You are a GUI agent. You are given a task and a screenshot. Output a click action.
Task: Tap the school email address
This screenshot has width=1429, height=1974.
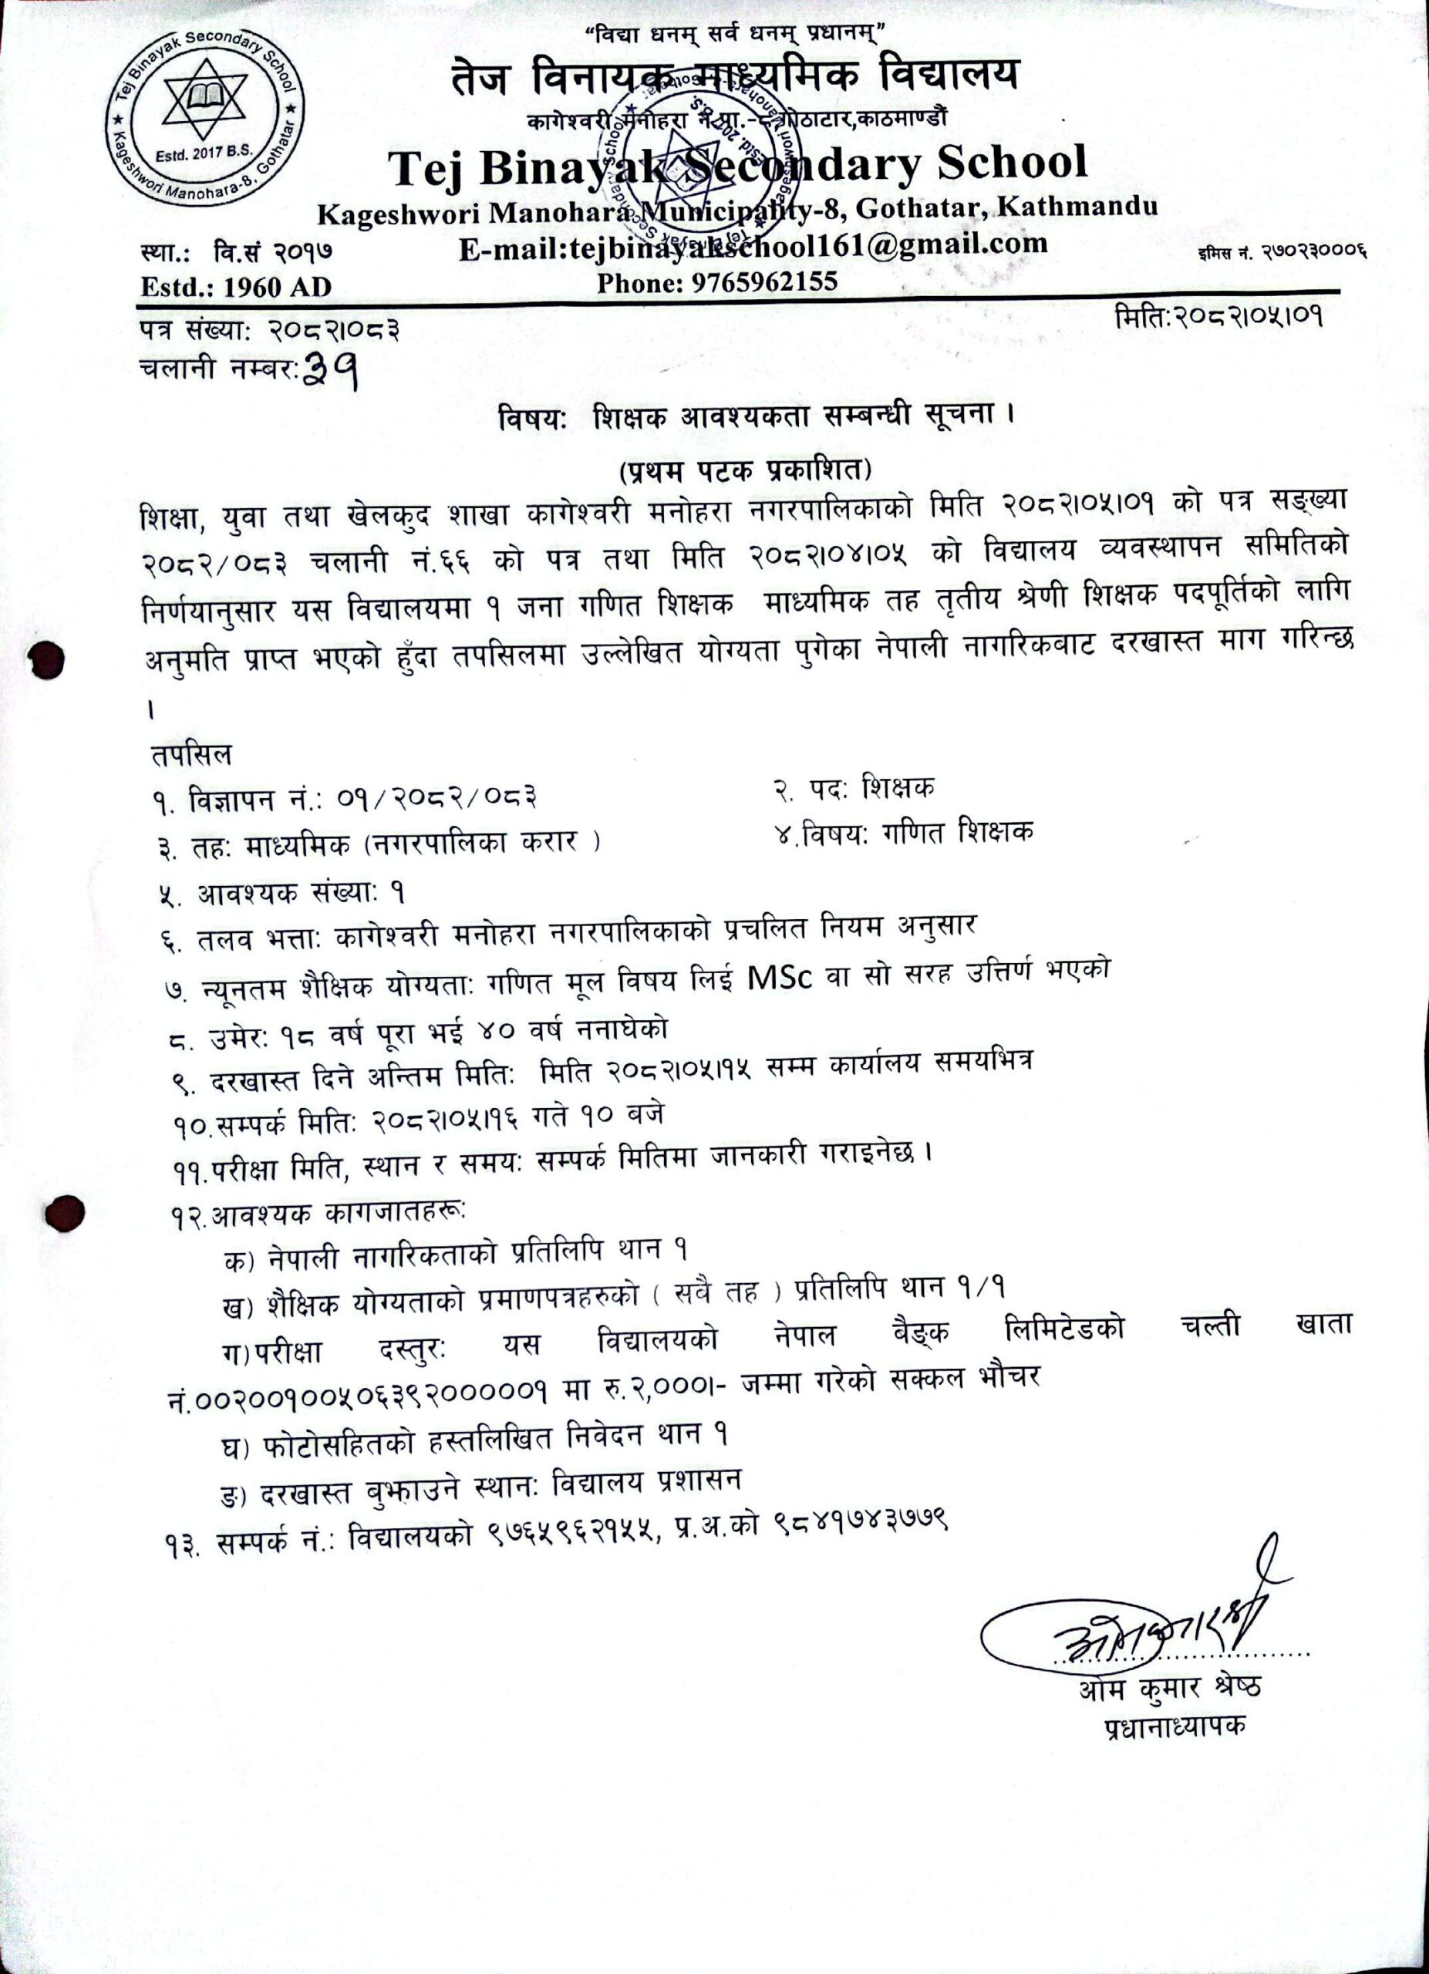tap(753, 245)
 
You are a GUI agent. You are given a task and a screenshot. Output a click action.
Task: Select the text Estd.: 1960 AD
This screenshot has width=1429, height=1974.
tap(236, 286)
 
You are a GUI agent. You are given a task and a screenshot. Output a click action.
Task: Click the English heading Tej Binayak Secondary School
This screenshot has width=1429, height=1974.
tap(738, 165)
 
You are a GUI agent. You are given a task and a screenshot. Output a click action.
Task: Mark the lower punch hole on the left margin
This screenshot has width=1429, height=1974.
tap(66, 1212)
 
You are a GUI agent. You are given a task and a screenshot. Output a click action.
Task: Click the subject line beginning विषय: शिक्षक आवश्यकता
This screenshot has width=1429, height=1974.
tap(757, 417)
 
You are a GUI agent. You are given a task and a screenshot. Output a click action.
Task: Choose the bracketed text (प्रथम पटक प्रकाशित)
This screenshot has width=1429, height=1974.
tap(745, 471)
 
